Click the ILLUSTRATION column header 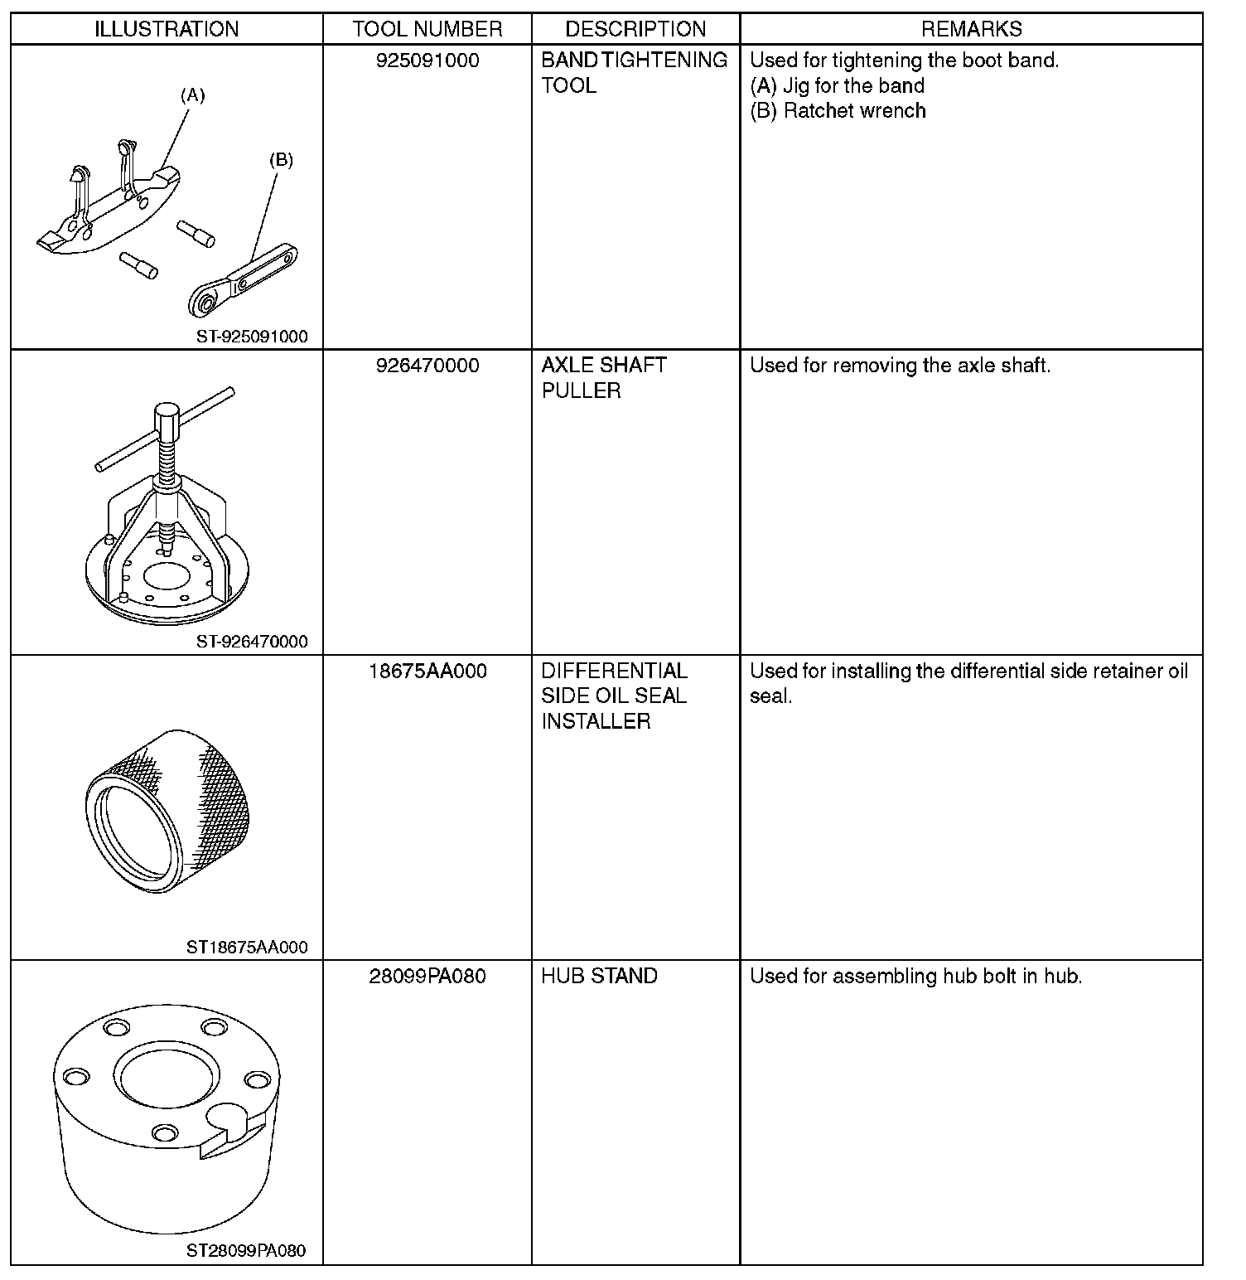click(x=167, y=29)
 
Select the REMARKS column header click(x=971, y=29)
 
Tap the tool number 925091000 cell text click(x=427, y=61)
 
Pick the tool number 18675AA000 click(x=427, y=671)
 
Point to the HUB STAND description click(x=599, y=976)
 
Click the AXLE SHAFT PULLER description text click(x=604, y=378)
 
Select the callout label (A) click(x=192, y=95)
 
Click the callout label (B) click(x=282, y=160)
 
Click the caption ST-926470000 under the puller click(x=252, y=641)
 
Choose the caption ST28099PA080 click(x=246, y=1251)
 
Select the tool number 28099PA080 click(x=427, y=976)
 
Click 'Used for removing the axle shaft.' click(x=900, y=366)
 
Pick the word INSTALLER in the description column click(x=596, y=721)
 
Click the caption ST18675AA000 click(x=247, y=947)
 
